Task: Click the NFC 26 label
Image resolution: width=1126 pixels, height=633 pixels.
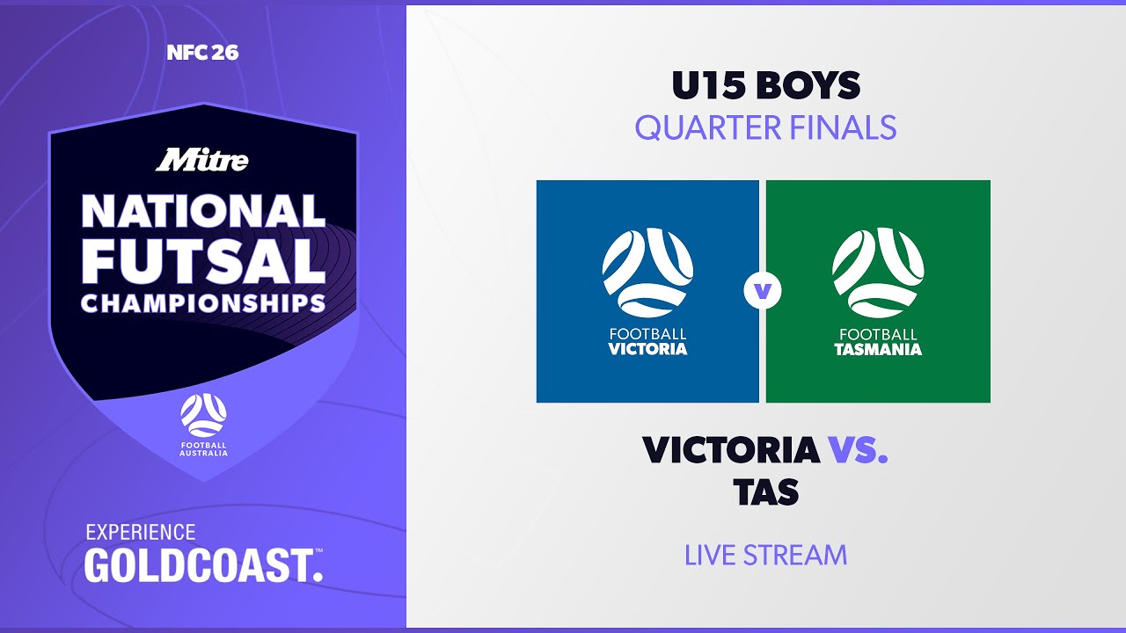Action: pos(202,53)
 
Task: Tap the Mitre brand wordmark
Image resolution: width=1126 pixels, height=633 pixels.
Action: pos(202,160)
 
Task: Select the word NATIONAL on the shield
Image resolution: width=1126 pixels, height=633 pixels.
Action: pos(203,212)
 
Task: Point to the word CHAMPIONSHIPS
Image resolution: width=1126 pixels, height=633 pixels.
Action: pos(203,303)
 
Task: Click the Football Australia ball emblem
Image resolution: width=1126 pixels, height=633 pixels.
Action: pos(203,415)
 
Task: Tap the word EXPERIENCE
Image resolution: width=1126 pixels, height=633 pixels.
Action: pos(140,533)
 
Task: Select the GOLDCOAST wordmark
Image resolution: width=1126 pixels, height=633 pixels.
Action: pos(203,564)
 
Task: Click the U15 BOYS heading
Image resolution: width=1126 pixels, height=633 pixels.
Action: pos(765,85)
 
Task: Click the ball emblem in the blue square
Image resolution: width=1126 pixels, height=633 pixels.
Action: pos(647,273)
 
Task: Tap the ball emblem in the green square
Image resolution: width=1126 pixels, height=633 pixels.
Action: pos(878,273)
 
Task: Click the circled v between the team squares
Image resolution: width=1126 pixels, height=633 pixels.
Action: pos(762,291)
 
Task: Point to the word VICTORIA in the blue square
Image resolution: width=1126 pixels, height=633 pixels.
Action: pos(647,349)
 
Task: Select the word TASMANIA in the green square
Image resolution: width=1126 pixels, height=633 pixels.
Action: pos(878,349)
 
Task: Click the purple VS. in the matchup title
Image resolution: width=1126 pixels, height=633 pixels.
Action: pos(858,450)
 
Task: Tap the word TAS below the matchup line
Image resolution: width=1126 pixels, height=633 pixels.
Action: pos(765,492)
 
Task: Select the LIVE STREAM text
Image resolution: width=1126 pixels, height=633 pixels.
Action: pos(765,556)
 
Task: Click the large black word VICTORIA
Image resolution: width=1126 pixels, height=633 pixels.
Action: pos(730,450)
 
